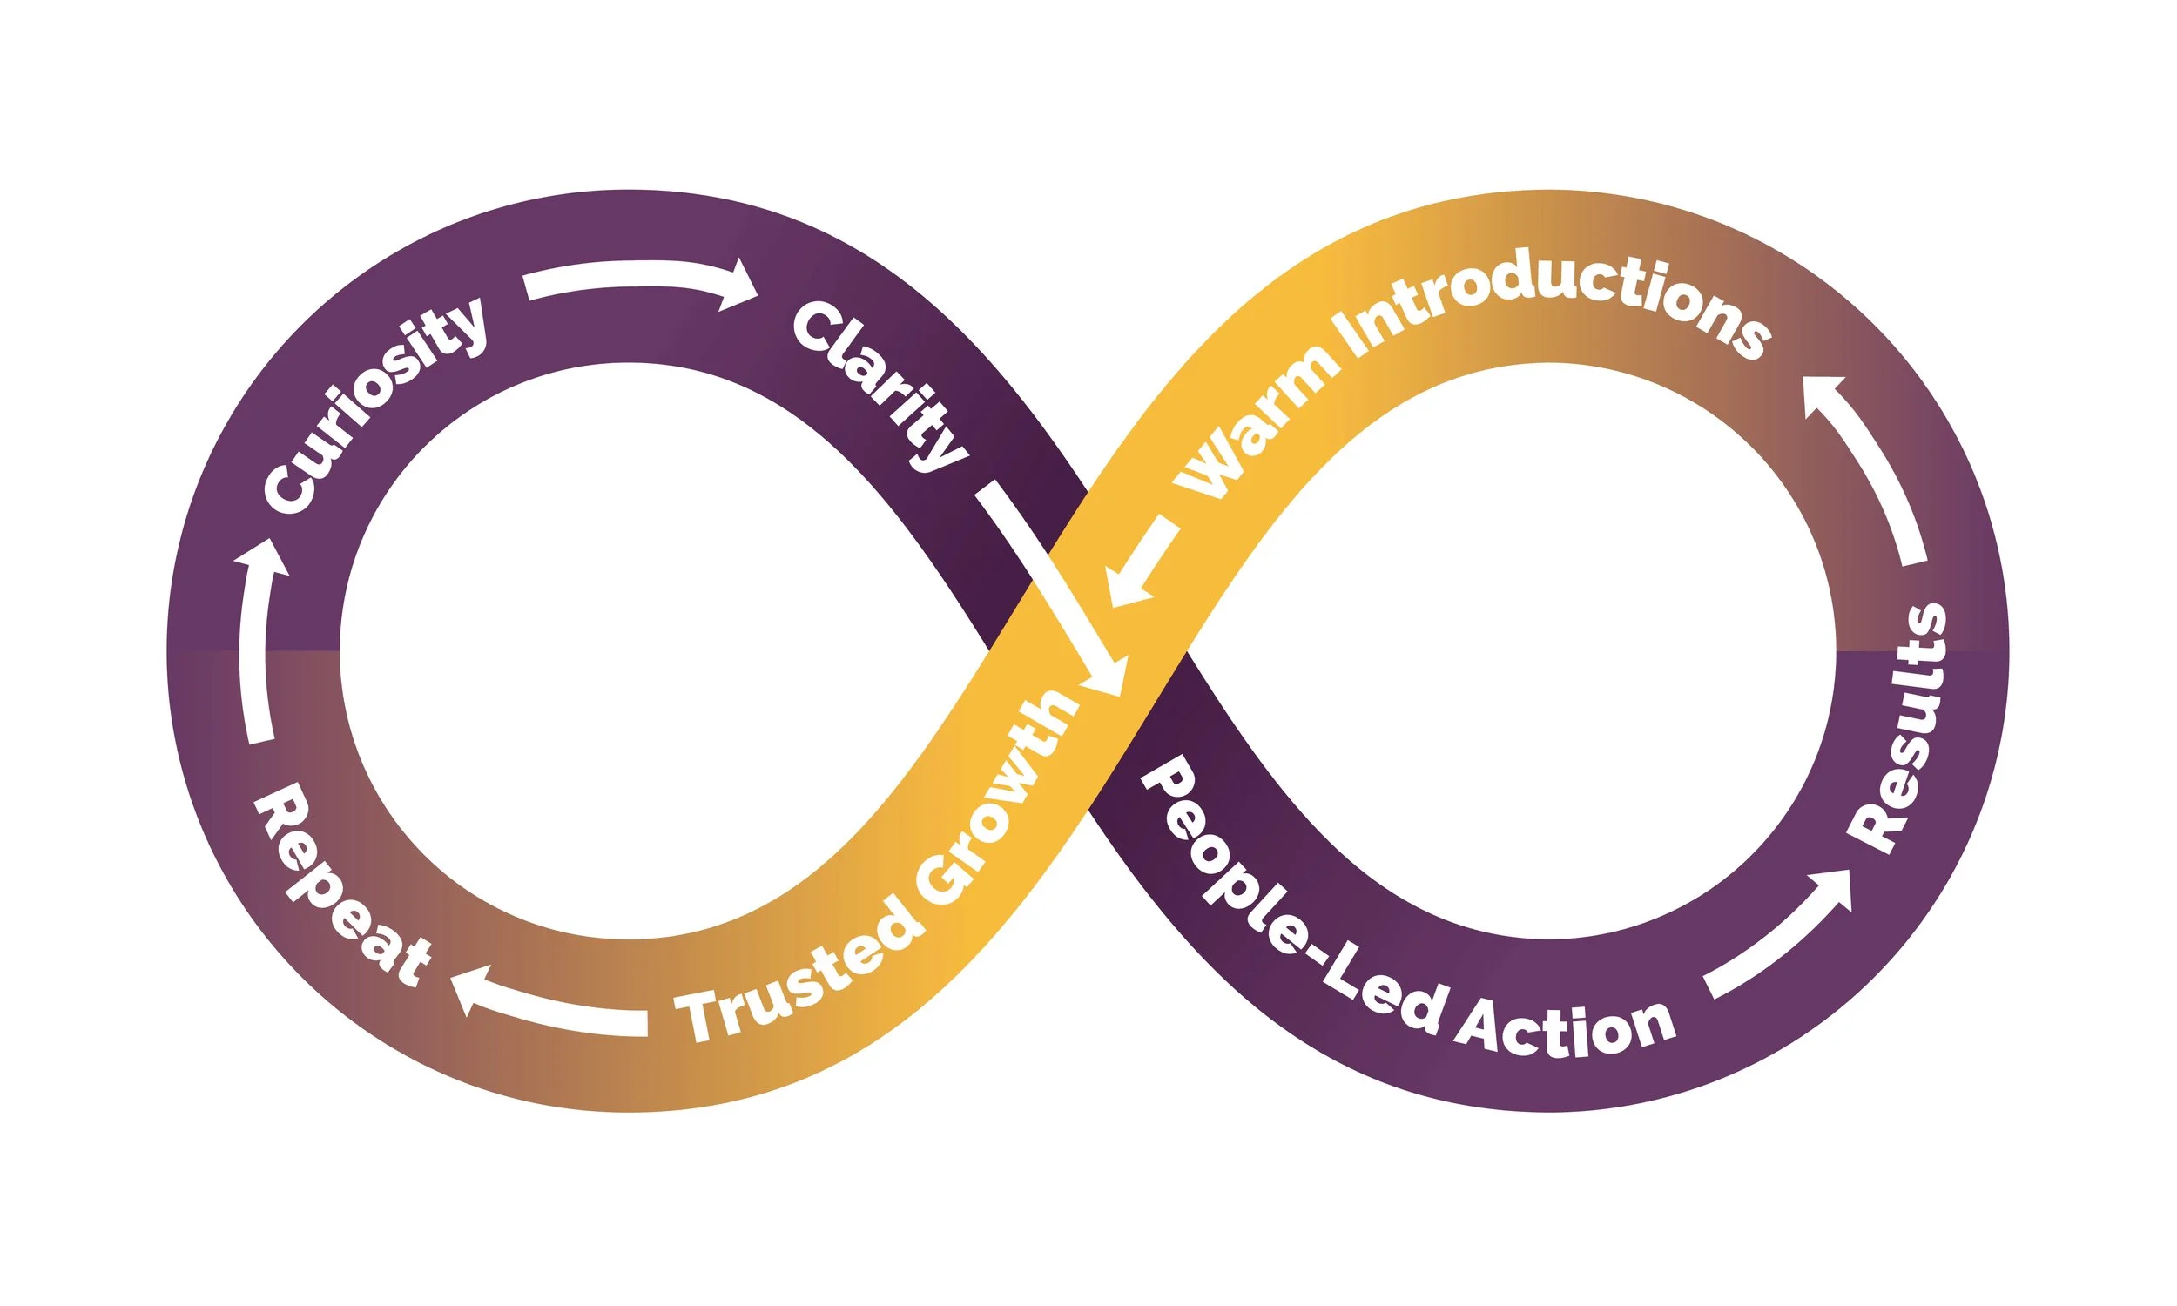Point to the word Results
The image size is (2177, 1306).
coord(1901,727)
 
